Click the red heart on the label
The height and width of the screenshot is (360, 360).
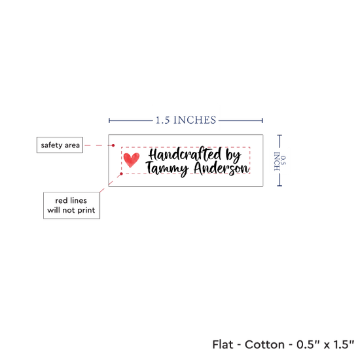132,160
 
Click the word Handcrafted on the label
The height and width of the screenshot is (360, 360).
185,154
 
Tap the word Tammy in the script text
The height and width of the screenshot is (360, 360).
167,169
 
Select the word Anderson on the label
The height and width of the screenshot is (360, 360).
221,168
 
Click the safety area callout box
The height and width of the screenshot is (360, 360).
60,145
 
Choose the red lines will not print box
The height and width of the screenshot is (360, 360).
71,206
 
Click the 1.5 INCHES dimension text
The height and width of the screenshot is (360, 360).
186,120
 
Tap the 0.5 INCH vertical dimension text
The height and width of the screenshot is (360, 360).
280,161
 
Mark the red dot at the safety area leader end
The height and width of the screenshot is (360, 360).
113,145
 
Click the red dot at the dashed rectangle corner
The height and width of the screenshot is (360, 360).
122,174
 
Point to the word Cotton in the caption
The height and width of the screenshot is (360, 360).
264,344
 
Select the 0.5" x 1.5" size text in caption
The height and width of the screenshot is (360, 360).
325,344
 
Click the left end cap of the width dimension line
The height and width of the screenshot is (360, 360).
109,120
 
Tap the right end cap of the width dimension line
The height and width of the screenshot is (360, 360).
262,120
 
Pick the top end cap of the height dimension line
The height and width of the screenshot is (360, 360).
279,135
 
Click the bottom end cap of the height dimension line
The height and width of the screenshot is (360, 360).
279,185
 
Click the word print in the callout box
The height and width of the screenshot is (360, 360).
86,210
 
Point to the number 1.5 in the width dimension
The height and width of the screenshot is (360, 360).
163,120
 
